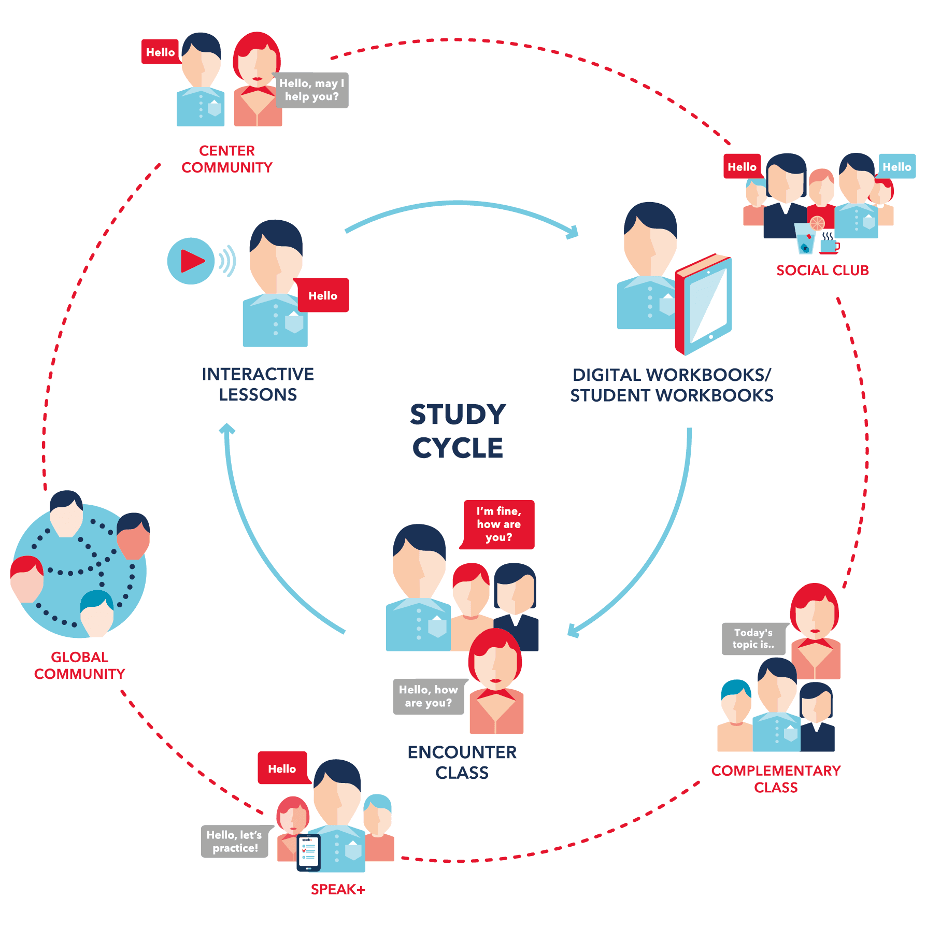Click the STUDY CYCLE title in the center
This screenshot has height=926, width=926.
pos(458,431)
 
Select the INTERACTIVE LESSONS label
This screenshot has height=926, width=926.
pos(258,384)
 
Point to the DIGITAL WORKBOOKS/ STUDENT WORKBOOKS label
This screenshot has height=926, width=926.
pos(672,385)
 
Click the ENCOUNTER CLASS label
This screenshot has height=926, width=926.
pos(462,762)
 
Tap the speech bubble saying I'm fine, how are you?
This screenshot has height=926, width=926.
pos(498,524)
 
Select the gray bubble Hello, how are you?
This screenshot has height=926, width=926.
pos(428,696)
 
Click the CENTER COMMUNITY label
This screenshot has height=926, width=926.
pos(227,159)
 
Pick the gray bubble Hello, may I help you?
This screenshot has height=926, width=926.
pos(312,90)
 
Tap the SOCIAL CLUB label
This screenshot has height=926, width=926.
pos(822,270)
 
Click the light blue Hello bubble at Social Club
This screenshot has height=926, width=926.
pos(896,167)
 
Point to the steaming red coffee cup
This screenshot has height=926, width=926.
pos(829,246)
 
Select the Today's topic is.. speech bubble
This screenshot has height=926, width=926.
pos(753,639)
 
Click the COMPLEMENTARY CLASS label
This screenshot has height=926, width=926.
pos(776,779)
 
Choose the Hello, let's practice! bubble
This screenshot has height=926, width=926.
pos(235,842)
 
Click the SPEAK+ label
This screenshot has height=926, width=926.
pos(338,890)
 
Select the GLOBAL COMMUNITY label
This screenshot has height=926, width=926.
pos(79,665)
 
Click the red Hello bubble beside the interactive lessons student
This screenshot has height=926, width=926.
pos(323,295)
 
